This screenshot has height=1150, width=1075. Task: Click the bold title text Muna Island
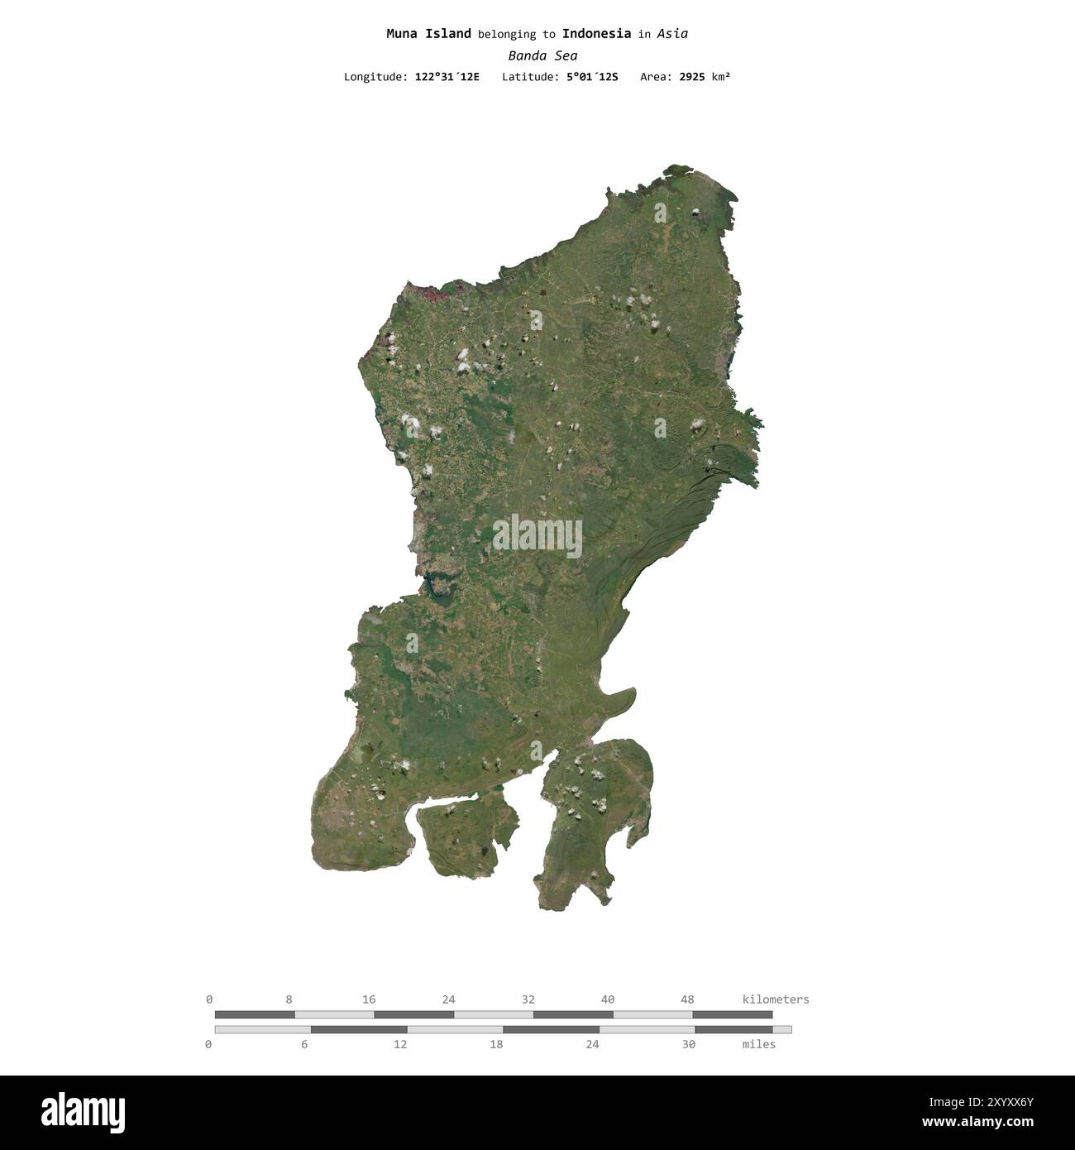pyautogui.click(x=428, y=34)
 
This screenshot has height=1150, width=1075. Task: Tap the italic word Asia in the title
pyautogui.click(x=673, y=34)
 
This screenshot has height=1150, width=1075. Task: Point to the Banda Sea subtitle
pyautogui.click(x=542, y=56)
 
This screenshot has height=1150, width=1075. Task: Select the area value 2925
pyautogui.click(x=691, y=77)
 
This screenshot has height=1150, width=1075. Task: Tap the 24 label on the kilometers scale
pyautogui.click(x=448, y=999)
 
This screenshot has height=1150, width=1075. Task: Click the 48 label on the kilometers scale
pyautogui.click(x=687, y=999)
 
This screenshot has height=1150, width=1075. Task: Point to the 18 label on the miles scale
pyautogui.click(x=496, y=1044)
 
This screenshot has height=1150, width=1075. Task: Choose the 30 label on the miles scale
pyautogui.click(x=688, y=1044)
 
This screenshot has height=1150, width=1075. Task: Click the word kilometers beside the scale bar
pyautogui.click(x=776, y=999)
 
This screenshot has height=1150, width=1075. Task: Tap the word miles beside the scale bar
pyautogui.click(x=759, y=1044)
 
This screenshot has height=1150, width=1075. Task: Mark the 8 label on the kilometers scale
pyautogui.click(x=288, y=999)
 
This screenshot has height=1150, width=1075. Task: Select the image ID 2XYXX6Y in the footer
pyautogui.click(x=1005, y=1102)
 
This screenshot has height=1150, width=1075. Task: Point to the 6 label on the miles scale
pyautogui.click(x=304, y=1044)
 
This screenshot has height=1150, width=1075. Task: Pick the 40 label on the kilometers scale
pyautogui.click(x=608, y=999)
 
